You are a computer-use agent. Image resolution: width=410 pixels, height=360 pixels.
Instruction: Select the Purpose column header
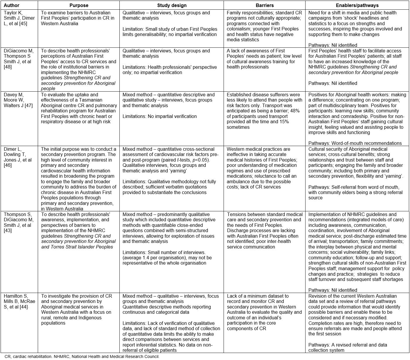point(79,5)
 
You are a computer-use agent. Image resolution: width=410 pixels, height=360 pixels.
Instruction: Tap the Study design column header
point(172,5)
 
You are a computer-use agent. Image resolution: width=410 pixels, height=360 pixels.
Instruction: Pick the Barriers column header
point(265,5)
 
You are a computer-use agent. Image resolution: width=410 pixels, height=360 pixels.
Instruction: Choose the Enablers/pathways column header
point(357,5)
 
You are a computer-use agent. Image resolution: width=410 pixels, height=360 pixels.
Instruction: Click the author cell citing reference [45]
point(19,18)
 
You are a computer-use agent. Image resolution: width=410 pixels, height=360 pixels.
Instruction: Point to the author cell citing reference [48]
point(19,59)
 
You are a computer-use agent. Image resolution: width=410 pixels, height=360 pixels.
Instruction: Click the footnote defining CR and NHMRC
point(82,356)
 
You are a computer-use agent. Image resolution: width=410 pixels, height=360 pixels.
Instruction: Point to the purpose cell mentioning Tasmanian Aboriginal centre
point(79,108)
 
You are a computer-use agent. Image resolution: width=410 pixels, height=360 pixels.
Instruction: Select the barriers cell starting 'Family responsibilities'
point(265,26)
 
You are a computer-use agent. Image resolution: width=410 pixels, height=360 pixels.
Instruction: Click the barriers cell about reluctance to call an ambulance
point(265,168)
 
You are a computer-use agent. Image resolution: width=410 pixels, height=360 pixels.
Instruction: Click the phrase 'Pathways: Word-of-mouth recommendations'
point(355,143)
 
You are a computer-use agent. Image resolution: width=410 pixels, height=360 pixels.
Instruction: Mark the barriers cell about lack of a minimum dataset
point(265,312)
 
